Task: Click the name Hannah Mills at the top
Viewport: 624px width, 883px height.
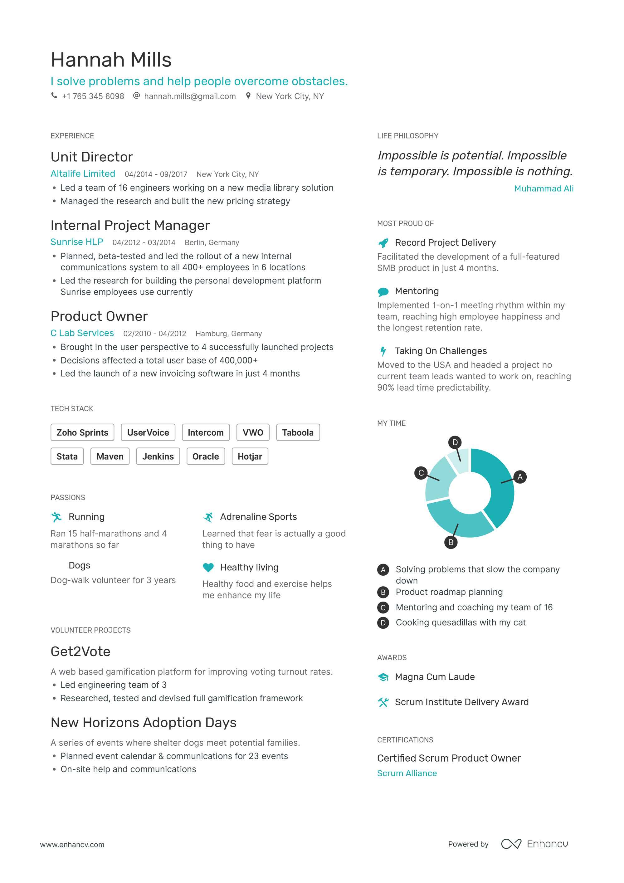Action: (x=111, y=60)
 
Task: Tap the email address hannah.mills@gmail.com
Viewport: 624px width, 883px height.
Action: (x=190, y=96)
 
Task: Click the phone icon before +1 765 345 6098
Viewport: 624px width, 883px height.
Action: (x=54, y=95)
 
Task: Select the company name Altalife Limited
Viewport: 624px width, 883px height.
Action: (x=83, y=174)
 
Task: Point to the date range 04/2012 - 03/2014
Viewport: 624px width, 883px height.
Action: (x=144, y=243)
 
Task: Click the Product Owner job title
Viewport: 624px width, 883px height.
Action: (x=99, y=316)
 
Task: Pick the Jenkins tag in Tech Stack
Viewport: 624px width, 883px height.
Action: (x=158, y=456)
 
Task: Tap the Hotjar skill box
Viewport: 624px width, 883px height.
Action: (x=250, y=456)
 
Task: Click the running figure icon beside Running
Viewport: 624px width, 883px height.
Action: (x=56, y=517)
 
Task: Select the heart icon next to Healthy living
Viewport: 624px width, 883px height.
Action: (x=208, y=567)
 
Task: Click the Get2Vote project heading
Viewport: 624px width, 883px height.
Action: (x=80, y=651)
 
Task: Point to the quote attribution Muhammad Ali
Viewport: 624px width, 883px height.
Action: (x=544, y=188)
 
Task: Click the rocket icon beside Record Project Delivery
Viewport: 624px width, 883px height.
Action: (x=383, y=243)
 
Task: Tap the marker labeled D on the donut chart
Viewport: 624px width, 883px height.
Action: (x=455, y=442)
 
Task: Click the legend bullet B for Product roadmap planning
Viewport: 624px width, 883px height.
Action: (x=383, y=592)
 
